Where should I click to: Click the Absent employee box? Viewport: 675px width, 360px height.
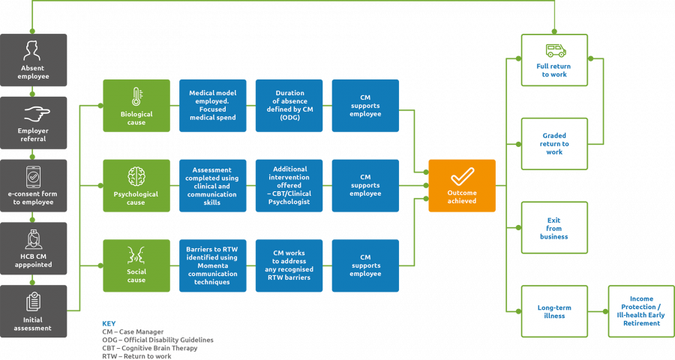(x=33, y=60)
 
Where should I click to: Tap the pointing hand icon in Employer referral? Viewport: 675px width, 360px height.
(x=33, y=114)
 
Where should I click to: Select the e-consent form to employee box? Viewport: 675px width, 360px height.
(x=33, y=185)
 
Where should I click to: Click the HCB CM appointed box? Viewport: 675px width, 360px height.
(x=33, y=248)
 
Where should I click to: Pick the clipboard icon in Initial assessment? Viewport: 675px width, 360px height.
(x=33, y=301)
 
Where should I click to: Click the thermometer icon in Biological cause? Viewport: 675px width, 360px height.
(x=136, y=96)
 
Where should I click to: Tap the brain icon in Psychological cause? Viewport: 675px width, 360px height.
(x=136, y=176)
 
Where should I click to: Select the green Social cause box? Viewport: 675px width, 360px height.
(x=136, y=265)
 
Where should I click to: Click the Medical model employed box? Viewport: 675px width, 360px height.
(x=213, y=105)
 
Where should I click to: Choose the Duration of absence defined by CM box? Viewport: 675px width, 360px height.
(x=289, y=105)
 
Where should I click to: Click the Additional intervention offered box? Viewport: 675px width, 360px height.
(x=289, y=185)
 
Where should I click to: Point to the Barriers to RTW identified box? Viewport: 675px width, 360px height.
(x=213, y=265)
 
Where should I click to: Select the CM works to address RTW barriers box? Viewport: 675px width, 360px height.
(x=289, y=265)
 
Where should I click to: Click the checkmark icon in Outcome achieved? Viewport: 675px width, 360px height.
(x=461, y=177)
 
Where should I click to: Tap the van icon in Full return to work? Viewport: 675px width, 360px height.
(x=554, y=50)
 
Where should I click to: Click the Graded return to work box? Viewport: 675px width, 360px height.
(x=554, y=143)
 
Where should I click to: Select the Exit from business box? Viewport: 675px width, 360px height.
(x=554, y=228)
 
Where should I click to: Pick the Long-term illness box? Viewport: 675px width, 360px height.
(x=554, y=311)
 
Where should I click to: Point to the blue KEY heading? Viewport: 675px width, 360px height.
(x=109, y=322)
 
